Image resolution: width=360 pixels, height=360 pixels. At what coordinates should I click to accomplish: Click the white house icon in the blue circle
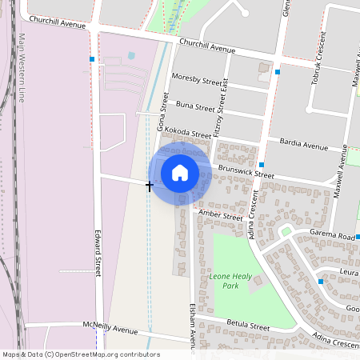tap(180, 173)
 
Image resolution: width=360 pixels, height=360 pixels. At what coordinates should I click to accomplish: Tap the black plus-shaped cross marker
tap(150, 186)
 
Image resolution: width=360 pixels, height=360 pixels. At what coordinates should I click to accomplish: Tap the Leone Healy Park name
tap(224, 280)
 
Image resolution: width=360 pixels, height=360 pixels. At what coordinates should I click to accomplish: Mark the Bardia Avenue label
tap(305, 146)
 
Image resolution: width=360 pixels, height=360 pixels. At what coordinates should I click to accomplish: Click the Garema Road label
tap(334, 237)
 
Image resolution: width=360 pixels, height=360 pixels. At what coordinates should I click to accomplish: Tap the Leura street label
tap(347, 272)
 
